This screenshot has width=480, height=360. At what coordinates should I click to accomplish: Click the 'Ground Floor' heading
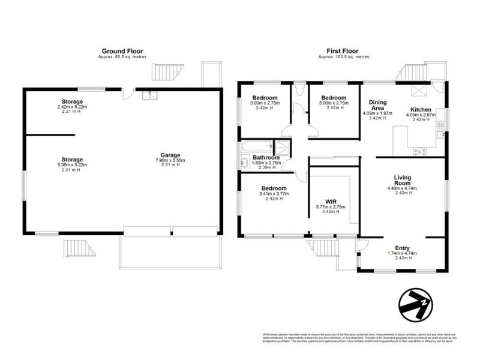tap(122, 52)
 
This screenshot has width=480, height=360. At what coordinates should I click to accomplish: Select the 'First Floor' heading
tap(343, 52)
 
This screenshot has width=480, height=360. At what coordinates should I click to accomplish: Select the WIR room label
tap(331, 201)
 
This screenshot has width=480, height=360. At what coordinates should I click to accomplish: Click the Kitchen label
tap(418, 109)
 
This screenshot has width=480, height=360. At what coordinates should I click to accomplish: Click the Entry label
tap(402, 248)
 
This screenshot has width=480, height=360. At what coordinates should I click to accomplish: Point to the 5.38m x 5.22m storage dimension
tap(71, 165)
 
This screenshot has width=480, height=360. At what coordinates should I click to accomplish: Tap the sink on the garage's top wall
tap(148, 94)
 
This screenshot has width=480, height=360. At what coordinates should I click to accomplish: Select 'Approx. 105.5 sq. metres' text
tap(343, 57)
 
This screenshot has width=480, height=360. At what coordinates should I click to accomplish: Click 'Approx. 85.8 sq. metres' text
tap(122, 57)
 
